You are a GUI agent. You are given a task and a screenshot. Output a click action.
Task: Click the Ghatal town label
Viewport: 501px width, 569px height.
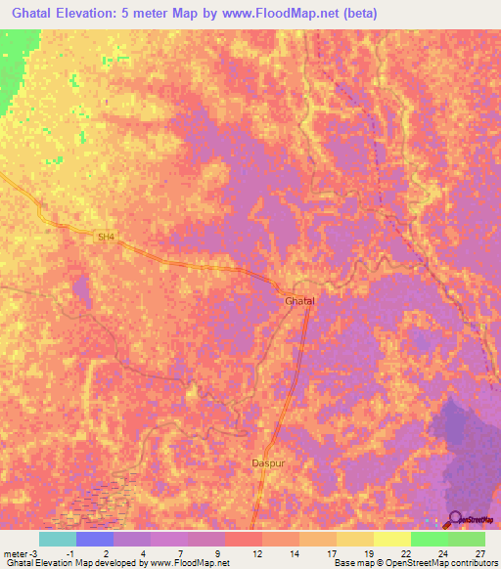[x=299, y=300]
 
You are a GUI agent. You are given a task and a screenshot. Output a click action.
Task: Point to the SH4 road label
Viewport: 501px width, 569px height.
[x=106, y=236]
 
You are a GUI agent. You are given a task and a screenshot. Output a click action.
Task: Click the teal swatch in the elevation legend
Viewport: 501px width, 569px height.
[x=58, y=539]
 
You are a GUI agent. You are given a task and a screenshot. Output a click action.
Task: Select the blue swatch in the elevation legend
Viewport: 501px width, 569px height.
[x=95, y=539]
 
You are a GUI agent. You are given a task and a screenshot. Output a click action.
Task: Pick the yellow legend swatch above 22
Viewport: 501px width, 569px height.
[x=391, y=539]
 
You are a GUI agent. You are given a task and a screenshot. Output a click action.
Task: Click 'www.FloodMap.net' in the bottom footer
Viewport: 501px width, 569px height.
[x=191, y=563]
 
